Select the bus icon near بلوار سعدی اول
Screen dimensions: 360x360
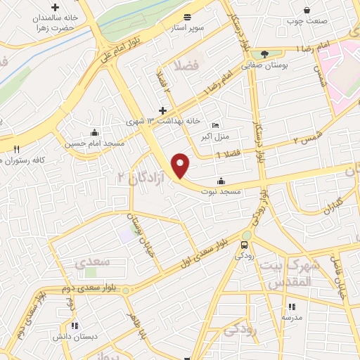pyautogui.click(x=243, y=245)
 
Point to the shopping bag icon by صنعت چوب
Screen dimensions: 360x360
pyautogui.click(x=307, y=10)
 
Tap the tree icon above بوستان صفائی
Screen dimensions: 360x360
pyautogui.click(x=264, y=53)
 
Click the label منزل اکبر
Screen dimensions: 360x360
pyautogui.click(x=215, y=134)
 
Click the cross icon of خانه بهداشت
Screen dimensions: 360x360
pyautogui.click(x=163, y=110)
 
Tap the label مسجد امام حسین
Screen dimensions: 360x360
pyautogui.click(x=95, y=143)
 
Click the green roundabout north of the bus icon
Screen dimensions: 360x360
pyautogui.click(x=247, y=236)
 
